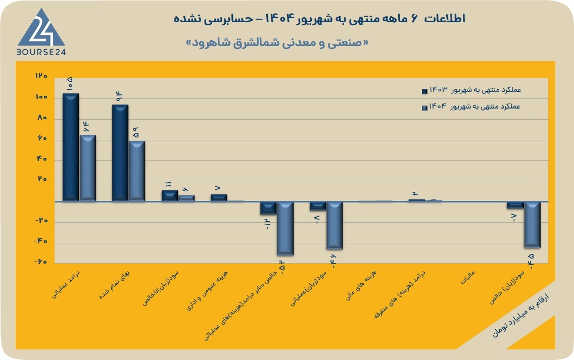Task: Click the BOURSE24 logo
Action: [x=41, y=32]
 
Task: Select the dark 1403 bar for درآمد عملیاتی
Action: [x=71, y=147]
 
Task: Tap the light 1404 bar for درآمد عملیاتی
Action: [x=88, y=168]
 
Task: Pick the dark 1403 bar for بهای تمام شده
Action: [x=120, y=152]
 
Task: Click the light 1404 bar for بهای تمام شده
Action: [x=137, y=171]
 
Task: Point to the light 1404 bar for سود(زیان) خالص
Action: [x=532, y=225]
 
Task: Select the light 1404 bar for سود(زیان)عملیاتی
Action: [x=334, y=226]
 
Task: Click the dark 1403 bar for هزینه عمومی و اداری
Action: [x=219, y=197]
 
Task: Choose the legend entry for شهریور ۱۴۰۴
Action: [x=471, y=107]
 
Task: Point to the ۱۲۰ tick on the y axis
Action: [x=41, y=76]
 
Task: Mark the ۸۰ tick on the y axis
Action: [x=42, y=118]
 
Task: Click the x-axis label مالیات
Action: [x=467, y=277]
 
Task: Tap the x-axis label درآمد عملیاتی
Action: [x=66, y=285]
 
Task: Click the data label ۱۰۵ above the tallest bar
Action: [x=70, y=84]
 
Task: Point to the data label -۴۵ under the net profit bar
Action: [x=531, y=261]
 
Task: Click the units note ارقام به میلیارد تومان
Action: [x=520, y=315]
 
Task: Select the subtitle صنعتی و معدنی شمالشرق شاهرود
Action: [x=277, y=43]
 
